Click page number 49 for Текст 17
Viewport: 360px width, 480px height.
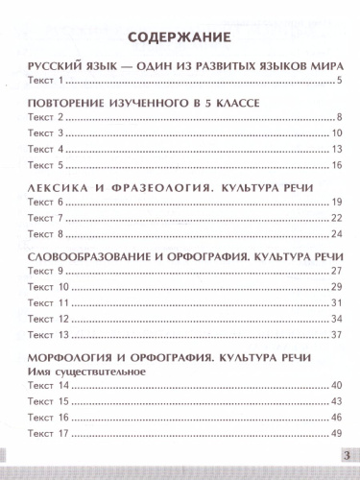pyautogui.click(x=337, y=434)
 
